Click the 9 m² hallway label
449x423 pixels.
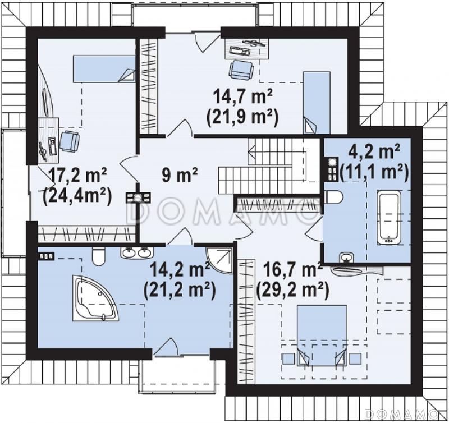[180, 175]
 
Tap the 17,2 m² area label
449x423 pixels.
[77, 175]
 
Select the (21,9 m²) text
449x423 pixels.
[242, 117]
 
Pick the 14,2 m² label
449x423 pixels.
[180, 270]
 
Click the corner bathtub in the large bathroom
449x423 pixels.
[95, 298]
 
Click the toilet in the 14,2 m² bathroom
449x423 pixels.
[99, 256]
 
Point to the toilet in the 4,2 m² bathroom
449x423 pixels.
[333, 197]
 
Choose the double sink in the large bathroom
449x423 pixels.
[136, 252]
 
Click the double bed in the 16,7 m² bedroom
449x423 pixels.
[322, 335]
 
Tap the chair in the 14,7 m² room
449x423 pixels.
[241, 69]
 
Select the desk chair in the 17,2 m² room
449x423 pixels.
[69, 141]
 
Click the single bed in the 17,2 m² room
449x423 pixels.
[104, 68]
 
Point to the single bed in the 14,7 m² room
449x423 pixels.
[317, 103]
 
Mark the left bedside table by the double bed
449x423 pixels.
[289, 358]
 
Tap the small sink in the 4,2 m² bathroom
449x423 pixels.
[346, 258]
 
